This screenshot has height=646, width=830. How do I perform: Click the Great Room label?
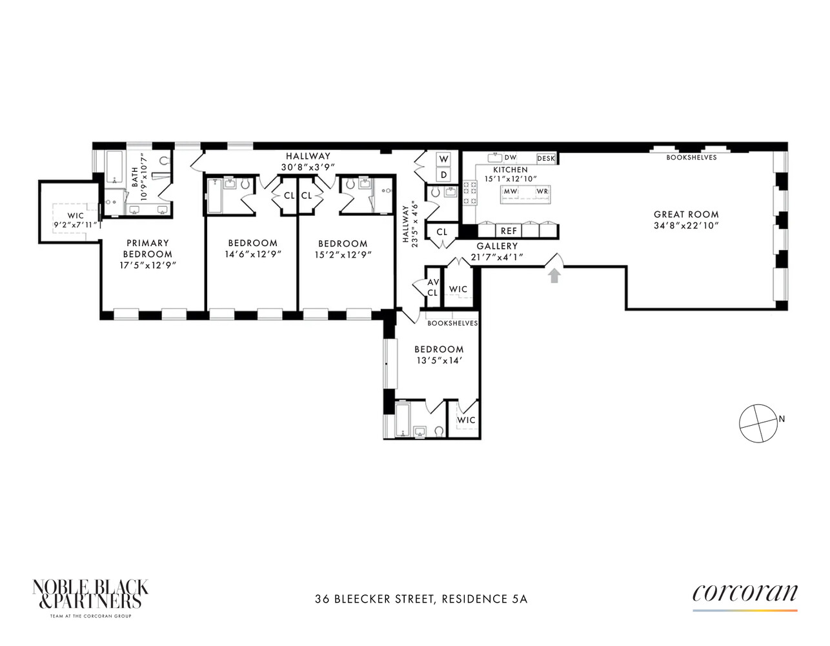pos(685,214)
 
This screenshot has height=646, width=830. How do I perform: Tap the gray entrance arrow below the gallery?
pos(554,276)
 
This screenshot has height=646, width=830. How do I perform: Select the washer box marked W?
pos(443,159)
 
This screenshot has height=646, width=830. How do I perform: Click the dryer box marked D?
pos(443,175)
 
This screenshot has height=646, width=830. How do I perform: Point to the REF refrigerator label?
pos(509,231)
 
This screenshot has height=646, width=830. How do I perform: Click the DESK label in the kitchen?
pos(546,158)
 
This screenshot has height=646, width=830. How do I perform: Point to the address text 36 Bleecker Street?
pos(374,599)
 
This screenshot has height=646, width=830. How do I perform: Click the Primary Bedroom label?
pos(148,249)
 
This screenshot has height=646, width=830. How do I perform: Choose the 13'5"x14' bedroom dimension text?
pos(439,360)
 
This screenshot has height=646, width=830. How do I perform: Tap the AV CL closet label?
pos(432,287)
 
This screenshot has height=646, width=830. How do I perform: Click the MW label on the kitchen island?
pos(511,191)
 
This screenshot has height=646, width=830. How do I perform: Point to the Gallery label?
pos(497,246)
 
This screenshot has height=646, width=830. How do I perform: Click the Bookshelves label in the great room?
pos(691,157)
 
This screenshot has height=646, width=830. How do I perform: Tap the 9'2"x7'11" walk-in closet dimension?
pos(76,226)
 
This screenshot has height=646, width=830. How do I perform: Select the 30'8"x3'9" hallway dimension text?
pos(308,167)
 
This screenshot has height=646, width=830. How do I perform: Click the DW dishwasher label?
pos(511,158)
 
